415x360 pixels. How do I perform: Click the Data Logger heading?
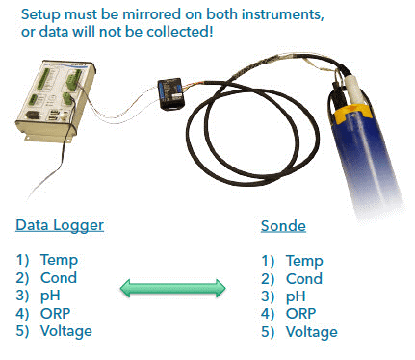[60, 226]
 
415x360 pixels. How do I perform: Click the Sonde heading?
[284, 226]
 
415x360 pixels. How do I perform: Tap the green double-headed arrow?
[171, 288]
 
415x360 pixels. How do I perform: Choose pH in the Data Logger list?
[50, 296]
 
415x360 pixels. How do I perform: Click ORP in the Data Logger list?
[56, 313]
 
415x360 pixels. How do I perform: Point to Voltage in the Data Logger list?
[66, 331]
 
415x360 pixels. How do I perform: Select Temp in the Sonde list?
[304, 260]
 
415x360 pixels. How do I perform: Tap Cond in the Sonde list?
[304, 278]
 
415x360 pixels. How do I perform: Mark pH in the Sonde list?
[295, 296]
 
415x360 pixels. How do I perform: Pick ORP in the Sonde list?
[300, 313]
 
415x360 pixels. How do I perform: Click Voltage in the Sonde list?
[311, 331]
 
